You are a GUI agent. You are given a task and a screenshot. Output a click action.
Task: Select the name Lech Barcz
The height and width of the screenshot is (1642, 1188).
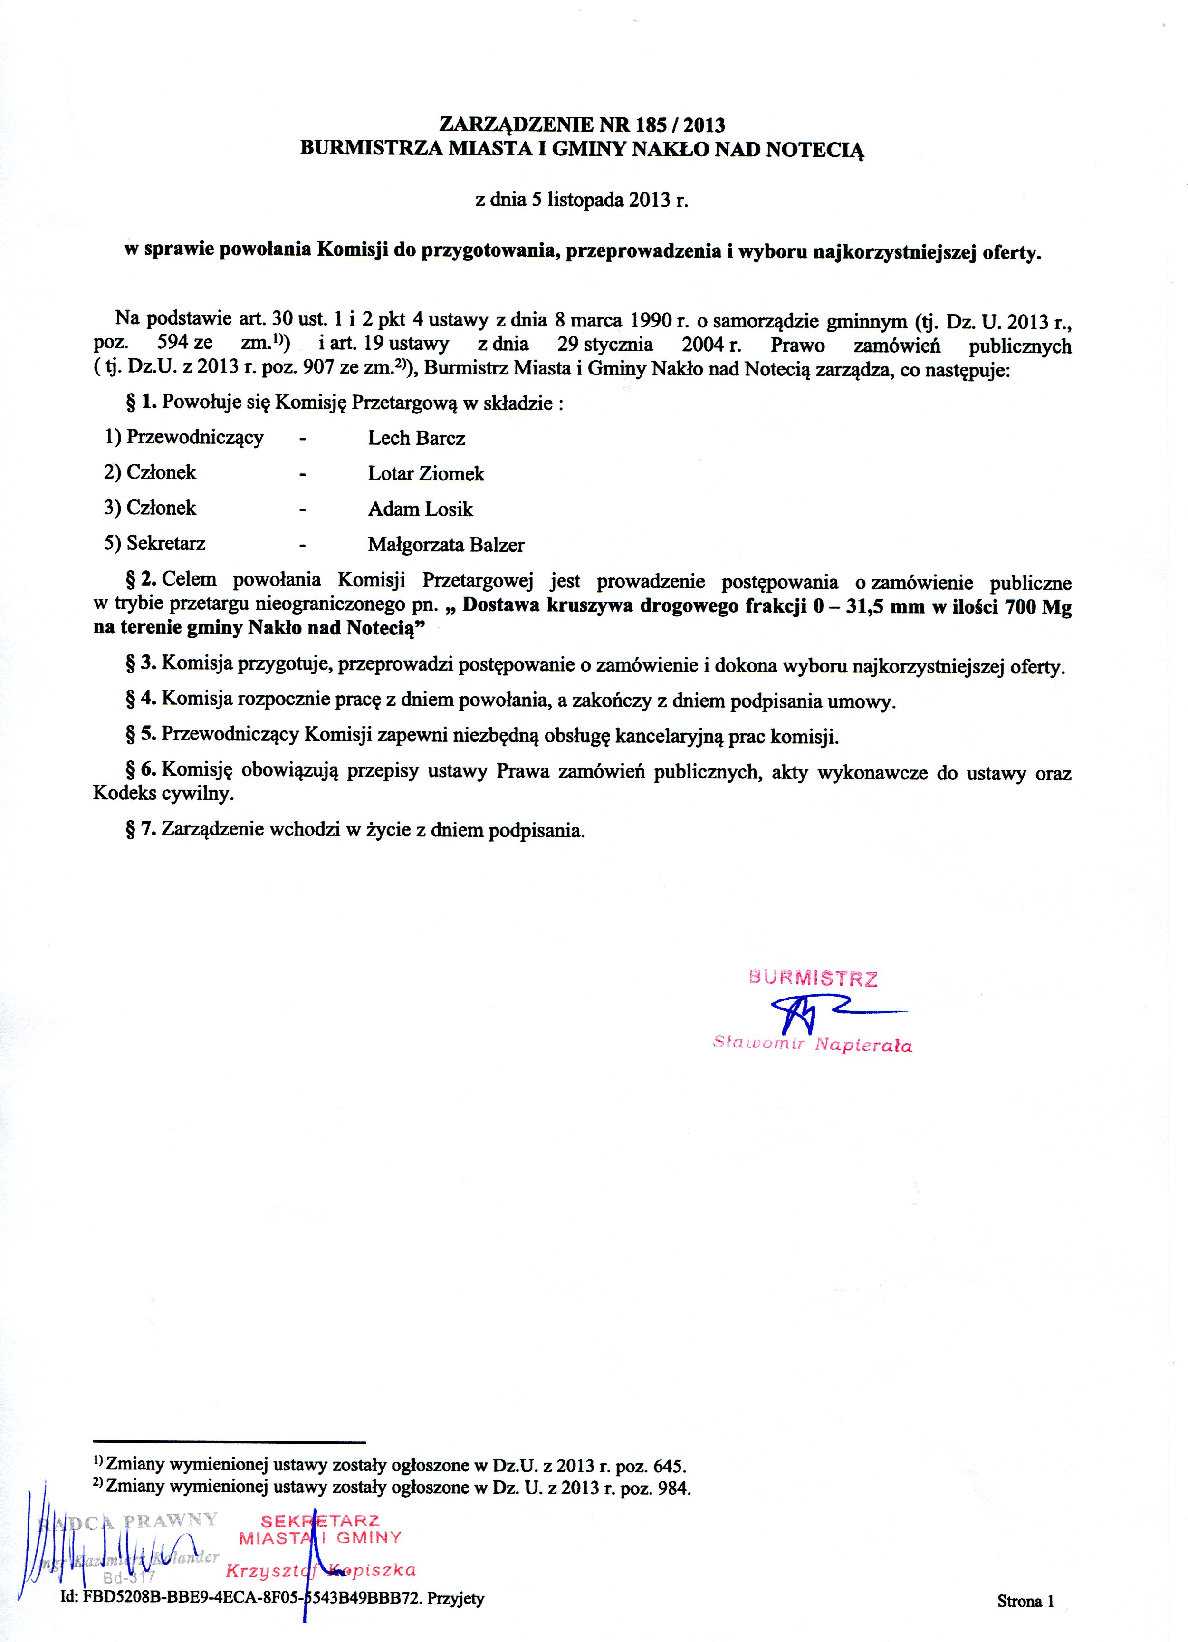pos(416,438)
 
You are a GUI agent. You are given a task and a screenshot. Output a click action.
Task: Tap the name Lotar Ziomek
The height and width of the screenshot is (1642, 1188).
pos(426,473)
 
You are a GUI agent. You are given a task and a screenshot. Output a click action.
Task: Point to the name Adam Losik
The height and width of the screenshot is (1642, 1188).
pos(420,509)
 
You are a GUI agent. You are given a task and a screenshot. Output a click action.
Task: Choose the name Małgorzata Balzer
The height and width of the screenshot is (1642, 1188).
pos(446,545)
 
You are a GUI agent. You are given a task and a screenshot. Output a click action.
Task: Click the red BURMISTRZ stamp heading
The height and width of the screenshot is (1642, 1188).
pos(813,979)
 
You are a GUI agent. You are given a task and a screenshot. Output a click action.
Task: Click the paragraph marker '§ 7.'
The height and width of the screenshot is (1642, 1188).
pos(141,830)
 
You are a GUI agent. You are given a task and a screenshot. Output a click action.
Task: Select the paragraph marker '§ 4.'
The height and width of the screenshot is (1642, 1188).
pos(141,700)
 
